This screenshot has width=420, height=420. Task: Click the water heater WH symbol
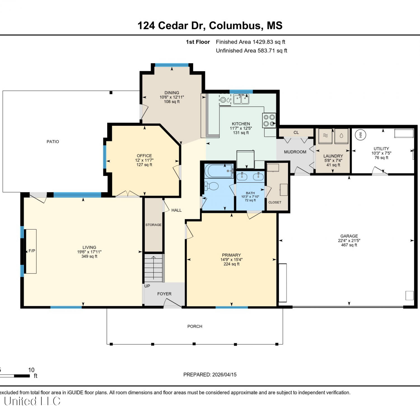tap(361, 135)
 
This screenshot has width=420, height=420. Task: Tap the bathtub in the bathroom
tap(219, 171)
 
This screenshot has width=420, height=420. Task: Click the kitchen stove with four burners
tap(269, 120)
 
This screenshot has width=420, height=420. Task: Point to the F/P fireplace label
tap(32, 251)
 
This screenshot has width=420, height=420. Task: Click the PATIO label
tap(53, 142)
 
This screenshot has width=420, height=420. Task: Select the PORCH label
tap(195, 326)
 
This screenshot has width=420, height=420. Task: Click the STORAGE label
tap(153, 225)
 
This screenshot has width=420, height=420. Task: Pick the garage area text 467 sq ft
tap(349, 245)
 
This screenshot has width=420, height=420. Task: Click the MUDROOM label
tap(295, 152)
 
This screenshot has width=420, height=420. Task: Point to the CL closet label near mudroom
tap(296, 133)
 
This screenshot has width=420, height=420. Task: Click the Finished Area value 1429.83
tap(263, 42)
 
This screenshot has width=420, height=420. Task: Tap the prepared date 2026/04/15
tap(224, 375)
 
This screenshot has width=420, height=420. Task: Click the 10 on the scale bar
tap(31, 370)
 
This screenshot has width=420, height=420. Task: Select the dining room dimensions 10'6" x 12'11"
tap(172, 97)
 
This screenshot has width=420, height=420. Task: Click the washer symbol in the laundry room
tap(341, 136)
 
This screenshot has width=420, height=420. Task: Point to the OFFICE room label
tap(144, 156)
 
